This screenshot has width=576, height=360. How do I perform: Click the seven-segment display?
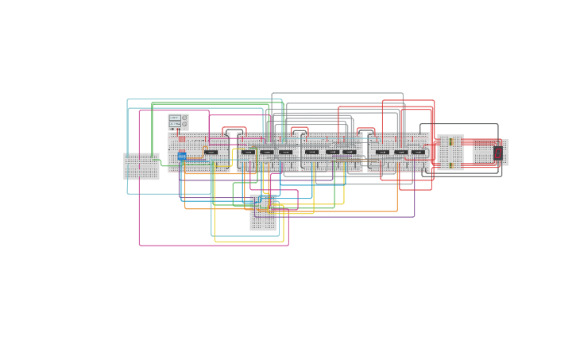[498, 153]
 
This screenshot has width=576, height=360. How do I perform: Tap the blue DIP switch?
[182, 156]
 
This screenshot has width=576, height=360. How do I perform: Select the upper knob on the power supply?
[184, 118]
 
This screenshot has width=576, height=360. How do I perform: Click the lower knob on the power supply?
[184, 124]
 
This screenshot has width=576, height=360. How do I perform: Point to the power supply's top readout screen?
[174, 118]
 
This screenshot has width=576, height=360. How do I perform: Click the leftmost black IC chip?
[211, 152]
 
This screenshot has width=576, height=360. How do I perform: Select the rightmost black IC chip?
[418, 152]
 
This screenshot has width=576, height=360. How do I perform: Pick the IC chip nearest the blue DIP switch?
[211, 152]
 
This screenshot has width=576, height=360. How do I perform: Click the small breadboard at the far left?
[141, 166]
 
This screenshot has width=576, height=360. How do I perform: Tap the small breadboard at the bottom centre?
[264, 213]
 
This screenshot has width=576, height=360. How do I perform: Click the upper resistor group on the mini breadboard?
[450, 141]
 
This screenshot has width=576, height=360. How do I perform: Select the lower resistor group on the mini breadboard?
[450, 165]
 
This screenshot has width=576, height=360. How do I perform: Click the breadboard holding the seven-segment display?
[490, 152]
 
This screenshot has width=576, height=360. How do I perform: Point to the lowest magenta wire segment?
[215, 245]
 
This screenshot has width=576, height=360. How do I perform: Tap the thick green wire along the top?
[207, 103]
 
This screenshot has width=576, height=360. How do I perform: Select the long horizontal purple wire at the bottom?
[350, 216]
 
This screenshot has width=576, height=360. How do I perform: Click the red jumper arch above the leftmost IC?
[234, 128]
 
